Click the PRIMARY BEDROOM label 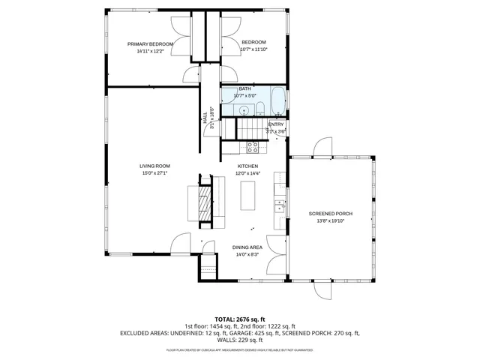coord(150,44)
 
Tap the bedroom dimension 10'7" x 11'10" coord(253,49)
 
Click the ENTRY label coord(276,124)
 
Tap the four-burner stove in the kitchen coord(253,148)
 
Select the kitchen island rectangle coord(248,194)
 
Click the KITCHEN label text coord(247,166)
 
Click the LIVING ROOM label coord(154,166)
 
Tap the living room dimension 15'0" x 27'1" coord(154,173)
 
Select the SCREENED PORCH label coord(330,214)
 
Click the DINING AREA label coord(246,247)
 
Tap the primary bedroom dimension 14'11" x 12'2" coord(150,52)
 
